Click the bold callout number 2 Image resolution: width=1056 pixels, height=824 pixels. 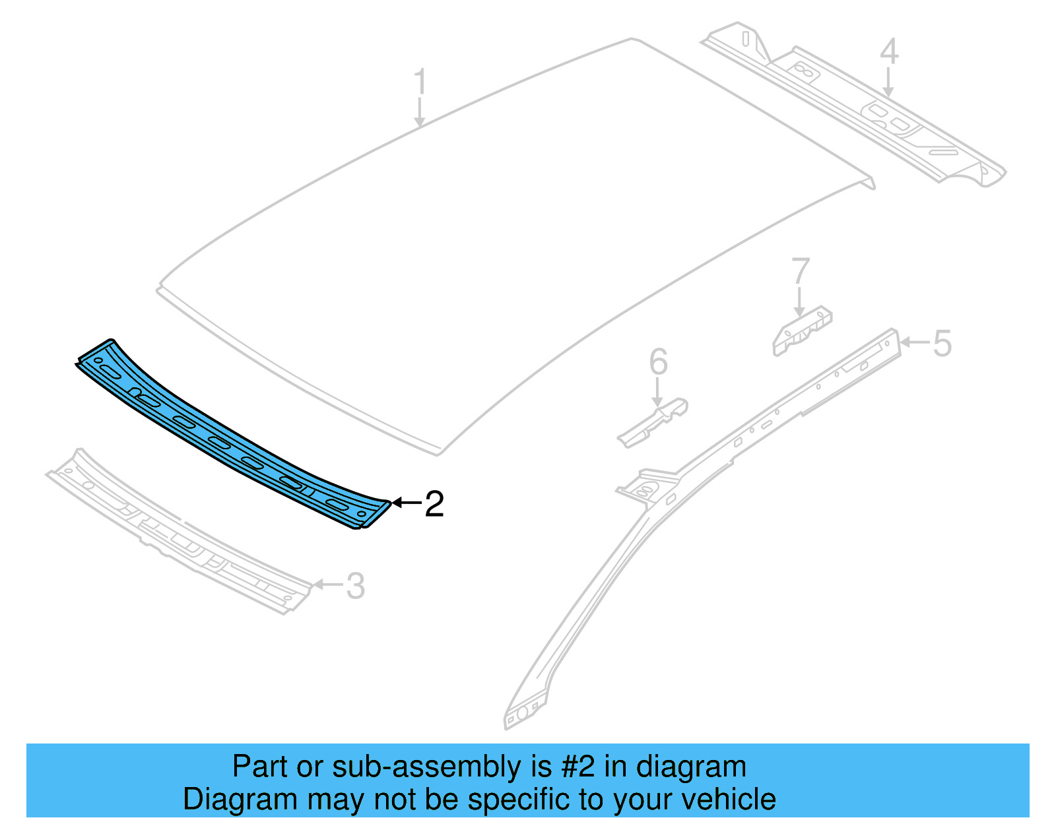[x=434, y=504]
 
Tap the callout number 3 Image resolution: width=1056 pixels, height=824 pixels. [x=355, y=586]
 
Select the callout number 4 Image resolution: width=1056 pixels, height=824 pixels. [x=889, y=51]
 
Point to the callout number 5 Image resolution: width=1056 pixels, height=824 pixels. [x=942, y=344]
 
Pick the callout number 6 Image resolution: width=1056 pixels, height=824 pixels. [x=658, y=362]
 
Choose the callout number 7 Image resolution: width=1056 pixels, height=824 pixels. [x=800, y=271]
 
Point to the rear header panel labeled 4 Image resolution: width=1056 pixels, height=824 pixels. [x=858, y=112]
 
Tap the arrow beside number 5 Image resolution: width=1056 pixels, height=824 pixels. [x=914, y=342]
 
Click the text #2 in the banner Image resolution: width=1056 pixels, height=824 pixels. [x=577, y=767]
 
